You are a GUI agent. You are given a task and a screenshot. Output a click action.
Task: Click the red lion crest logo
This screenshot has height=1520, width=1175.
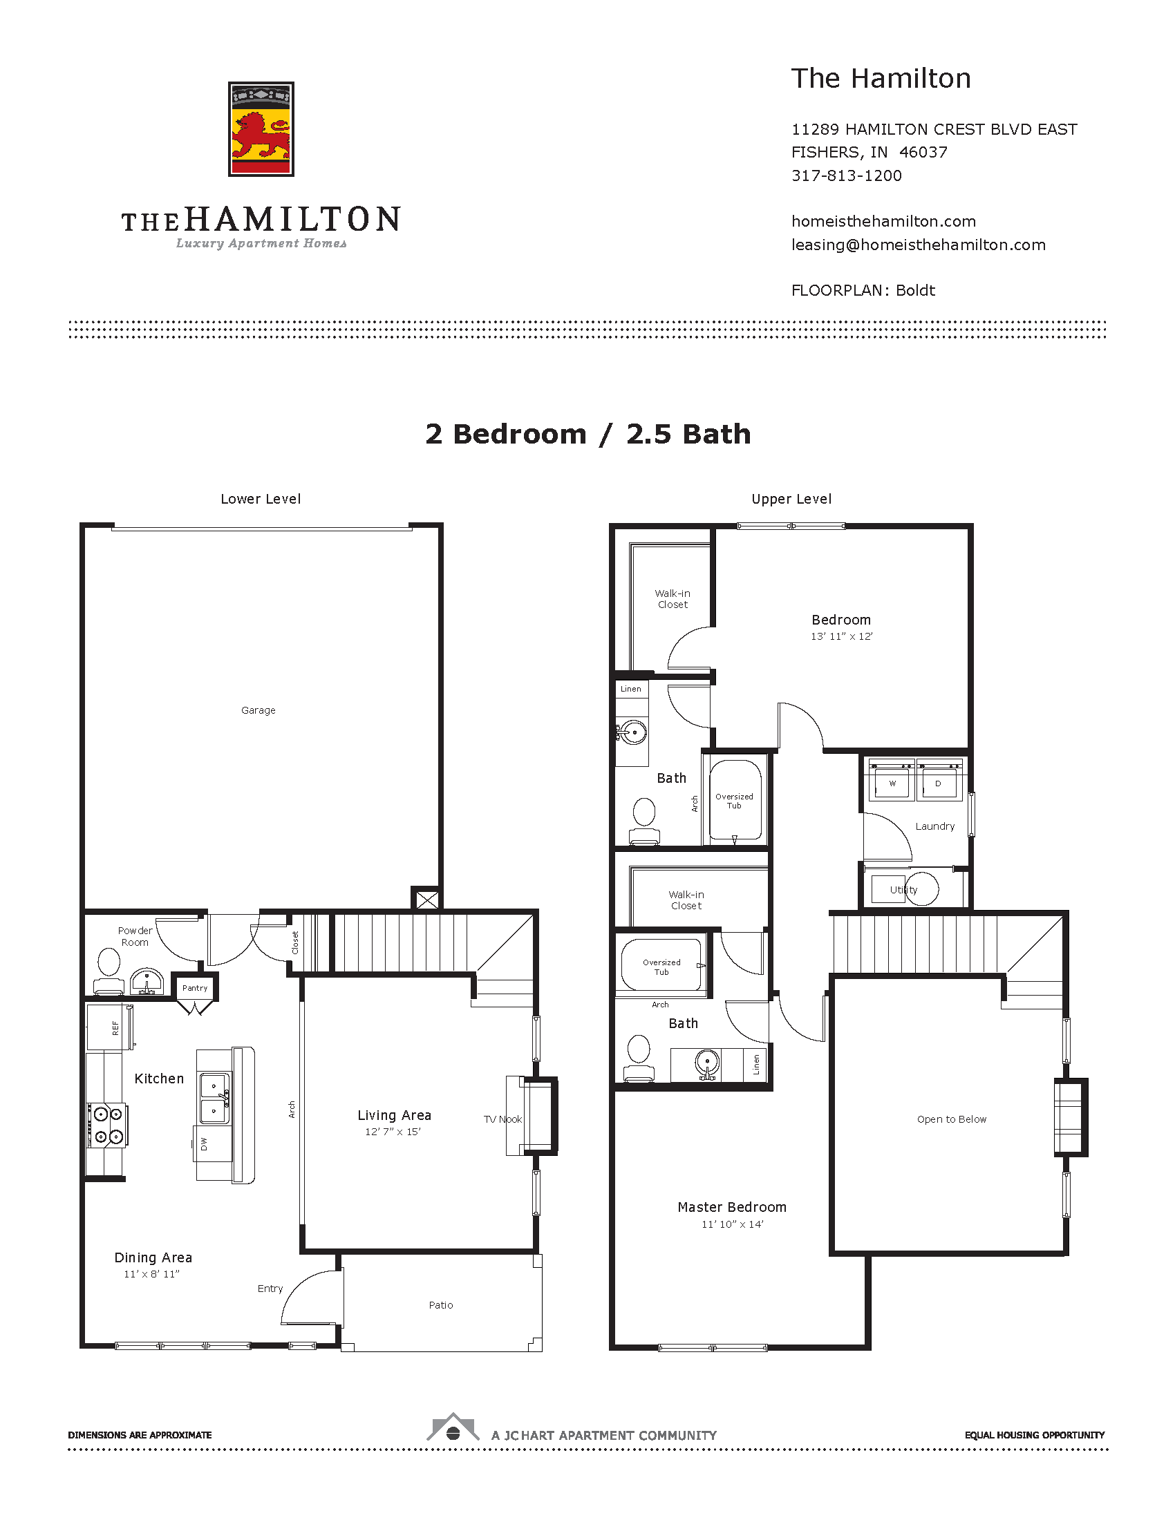pos(261,129)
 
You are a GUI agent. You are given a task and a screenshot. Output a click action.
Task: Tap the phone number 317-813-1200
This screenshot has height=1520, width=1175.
pos(847,175)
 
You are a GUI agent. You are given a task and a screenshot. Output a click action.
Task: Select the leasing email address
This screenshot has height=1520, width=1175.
pos(918,245)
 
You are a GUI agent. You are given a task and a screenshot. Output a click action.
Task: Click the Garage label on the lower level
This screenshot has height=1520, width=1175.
pos(258,710)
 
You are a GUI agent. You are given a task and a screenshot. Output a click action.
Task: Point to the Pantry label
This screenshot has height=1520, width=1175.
pos(195,987)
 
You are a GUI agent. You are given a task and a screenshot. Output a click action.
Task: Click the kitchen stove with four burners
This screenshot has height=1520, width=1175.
pos(106,1125)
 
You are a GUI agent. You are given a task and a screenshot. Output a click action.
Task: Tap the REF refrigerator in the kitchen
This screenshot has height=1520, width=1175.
pos(110,1027)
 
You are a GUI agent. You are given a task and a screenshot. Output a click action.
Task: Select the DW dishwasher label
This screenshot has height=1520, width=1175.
pos(204,1143)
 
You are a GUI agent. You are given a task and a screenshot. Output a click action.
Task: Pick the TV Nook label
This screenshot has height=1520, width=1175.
pos(502,1119)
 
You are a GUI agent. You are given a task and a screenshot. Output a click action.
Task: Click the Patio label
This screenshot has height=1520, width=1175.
pos(441,1305)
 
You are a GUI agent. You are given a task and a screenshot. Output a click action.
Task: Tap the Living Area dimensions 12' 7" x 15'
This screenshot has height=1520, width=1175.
pos(393,1132)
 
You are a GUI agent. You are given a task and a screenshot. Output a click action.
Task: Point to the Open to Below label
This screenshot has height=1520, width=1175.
pos(952,1119)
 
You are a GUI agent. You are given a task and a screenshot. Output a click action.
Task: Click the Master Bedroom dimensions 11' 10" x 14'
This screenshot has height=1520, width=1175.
pos(732,1224)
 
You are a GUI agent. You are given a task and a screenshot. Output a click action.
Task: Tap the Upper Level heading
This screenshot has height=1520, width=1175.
pos(791,499)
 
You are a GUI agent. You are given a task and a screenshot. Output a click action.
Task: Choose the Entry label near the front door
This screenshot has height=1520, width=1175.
pos(270,1289)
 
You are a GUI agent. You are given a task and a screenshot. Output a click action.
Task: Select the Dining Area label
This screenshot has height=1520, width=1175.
pos(153,1257)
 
